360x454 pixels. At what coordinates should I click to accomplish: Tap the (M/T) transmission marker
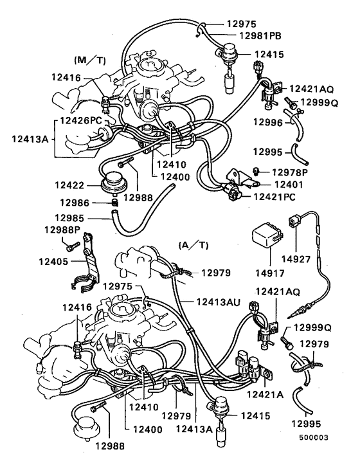click(89, 60)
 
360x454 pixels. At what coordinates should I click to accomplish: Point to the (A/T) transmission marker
click(190, 245)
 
